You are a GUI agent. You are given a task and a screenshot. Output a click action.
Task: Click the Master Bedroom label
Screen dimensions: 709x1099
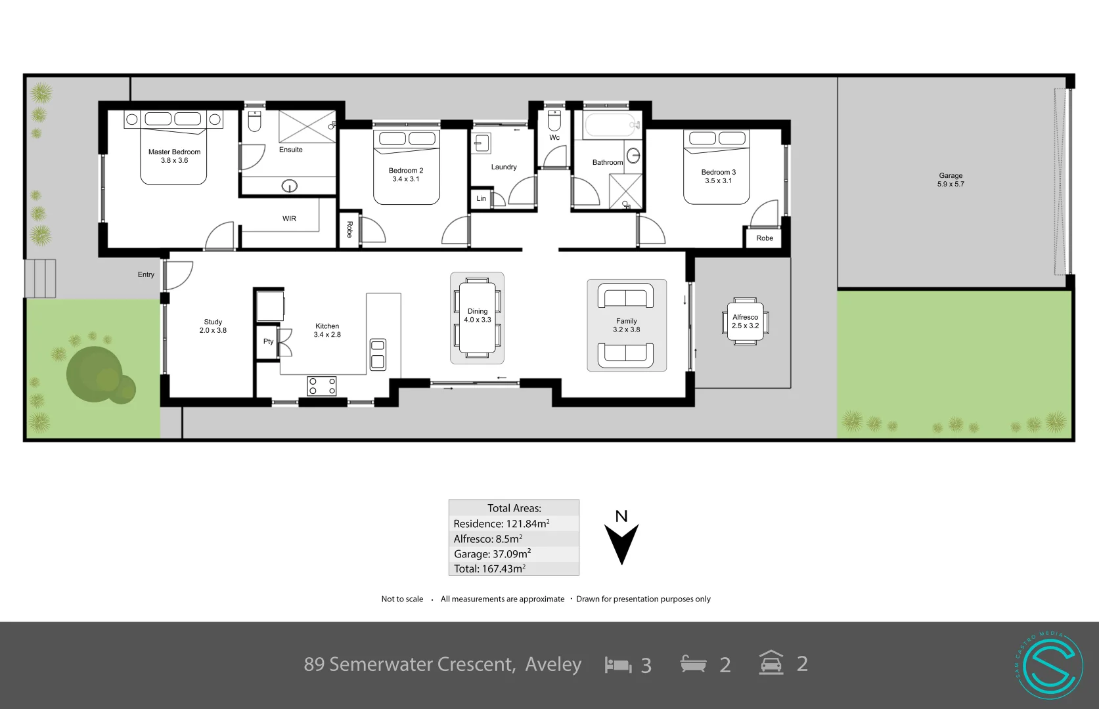click(x=174, y=152)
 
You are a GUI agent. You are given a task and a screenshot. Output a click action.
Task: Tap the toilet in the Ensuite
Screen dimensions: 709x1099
click(x=254, y=121)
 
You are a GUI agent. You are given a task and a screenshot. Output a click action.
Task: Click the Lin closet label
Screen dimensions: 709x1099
click(x=481, y=198)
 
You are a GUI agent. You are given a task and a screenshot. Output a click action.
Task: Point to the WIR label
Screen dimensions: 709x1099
click(x=289, y=219)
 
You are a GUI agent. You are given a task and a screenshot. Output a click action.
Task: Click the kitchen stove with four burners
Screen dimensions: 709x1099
click(x=322, y=386)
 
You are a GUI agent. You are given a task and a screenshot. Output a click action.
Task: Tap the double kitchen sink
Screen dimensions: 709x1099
click(x=378, y=354)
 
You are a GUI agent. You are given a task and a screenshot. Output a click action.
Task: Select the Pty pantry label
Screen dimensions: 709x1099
click(x=268, y=341)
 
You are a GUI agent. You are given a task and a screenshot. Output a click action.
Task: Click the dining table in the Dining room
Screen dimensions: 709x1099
click(x=477, y=318)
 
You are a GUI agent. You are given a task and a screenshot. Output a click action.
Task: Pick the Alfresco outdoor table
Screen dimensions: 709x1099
click(x=745, y=321)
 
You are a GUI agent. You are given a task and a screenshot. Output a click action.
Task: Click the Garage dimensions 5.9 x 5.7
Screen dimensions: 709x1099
click(x=951, y=184)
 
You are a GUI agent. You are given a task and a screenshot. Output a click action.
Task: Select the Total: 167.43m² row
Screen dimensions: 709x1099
click(x=489, y=569)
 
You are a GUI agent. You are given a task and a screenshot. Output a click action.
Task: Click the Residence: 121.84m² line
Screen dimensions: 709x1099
click(x=501, y=523)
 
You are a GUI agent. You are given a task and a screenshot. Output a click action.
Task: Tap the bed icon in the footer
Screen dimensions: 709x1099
click(x=617, y=665)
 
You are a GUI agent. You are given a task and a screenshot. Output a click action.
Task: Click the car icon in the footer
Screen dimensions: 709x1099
click(x=771, y=663)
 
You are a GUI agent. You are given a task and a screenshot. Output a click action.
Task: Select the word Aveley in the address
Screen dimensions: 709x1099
click(x=553, y=664)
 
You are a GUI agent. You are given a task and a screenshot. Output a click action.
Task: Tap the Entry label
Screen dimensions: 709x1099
click(x=146, y=274)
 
